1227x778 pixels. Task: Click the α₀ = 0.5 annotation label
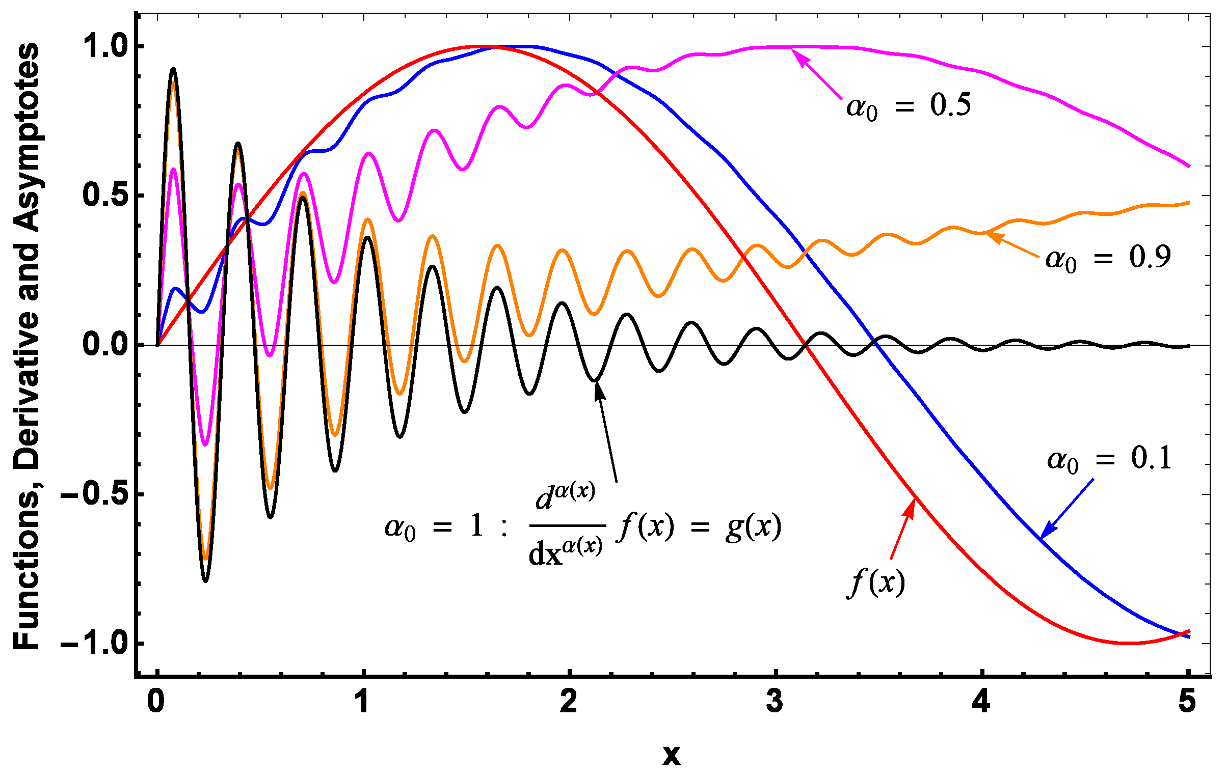coord(909,106)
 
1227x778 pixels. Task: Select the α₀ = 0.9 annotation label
coord(1108,257)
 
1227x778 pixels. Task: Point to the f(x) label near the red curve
coord(875,582)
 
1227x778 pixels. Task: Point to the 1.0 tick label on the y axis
coord(104,46)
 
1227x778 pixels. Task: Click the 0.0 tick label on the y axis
coord(104,345)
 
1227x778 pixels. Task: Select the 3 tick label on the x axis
coord(775,702)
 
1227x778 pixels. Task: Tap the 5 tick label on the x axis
coord(1187,702)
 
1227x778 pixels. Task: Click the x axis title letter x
coord(671,755)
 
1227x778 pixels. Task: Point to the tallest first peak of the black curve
coord(173,69)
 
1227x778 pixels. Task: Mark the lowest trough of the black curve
coord(205,580)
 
